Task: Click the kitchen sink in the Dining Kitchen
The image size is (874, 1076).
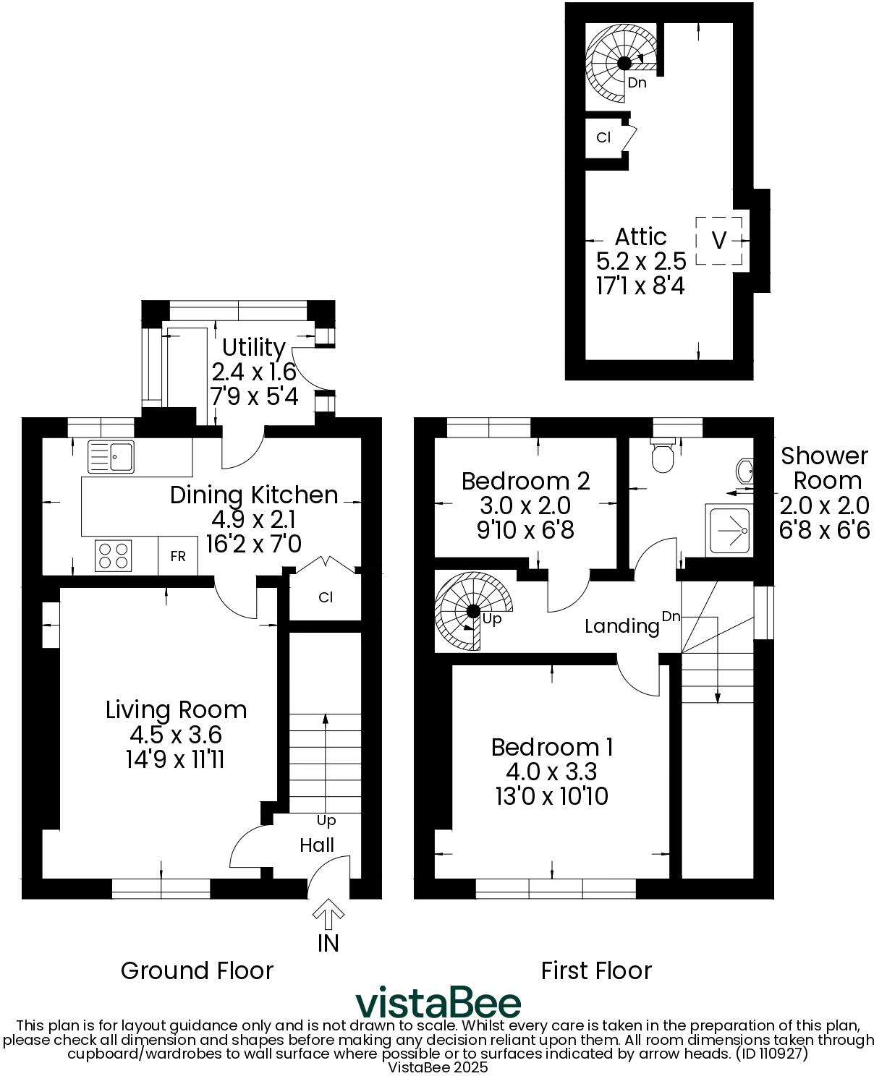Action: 111,457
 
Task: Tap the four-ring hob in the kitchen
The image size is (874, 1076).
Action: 114,555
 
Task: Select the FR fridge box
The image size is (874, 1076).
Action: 178,555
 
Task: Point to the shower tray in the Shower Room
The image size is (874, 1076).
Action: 729,531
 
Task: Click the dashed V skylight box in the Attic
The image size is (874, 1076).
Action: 719,241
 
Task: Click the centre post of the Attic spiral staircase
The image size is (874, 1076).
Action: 624,63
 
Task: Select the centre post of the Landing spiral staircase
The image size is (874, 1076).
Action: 473,611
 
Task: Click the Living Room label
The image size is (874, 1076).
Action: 176,709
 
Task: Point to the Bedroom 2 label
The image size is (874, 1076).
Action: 526,481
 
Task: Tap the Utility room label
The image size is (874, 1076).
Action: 254,348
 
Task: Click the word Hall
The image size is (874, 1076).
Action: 317,845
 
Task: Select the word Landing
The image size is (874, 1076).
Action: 621,626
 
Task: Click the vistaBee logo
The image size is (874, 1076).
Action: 438,1002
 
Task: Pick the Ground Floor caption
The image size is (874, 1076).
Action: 197,970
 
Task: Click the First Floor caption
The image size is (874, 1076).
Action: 596,970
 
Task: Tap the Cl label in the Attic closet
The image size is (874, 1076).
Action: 603,137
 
